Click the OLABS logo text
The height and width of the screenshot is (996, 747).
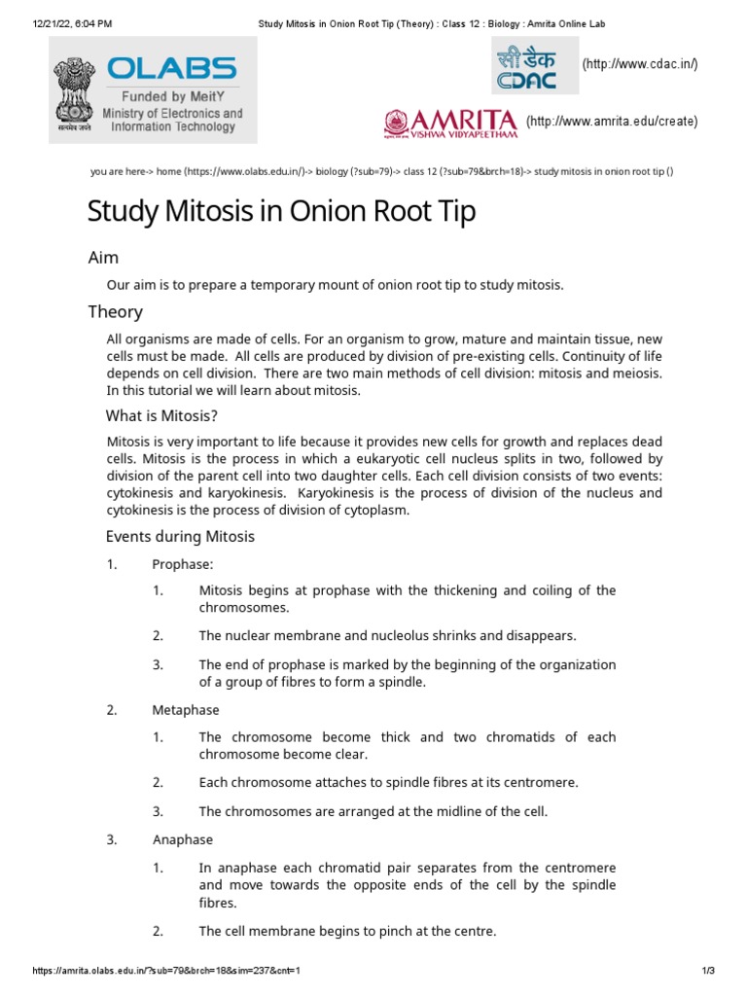coord(171,69)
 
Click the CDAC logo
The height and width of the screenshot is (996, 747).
coord(534,65)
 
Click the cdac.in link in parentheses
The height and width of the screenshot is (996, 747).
coord(640,64)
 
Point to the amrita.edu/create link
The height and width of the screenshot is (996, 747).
coord(612,122)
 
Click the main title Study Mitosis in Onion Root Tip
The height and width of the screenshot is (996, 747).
coord(282,211)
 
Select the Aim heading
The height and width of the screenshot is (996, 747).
coord(103,258)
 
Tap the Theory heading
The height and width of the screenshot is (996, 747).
coord(115,312)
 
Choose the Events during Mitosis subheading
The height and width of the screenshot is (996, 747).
coord(180,537)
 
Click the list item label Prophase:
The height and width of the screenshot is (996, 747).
coord(182,564)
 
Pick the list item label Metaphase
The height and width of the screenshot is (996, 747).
coord(186,710)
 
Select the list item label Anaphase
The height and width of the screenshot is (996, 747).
coord(183,839)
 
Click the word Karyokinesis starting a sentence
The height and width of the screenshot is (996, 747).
coord(339,493)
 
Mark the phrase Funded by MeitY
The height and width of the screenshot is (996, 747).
coord(172,97)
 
